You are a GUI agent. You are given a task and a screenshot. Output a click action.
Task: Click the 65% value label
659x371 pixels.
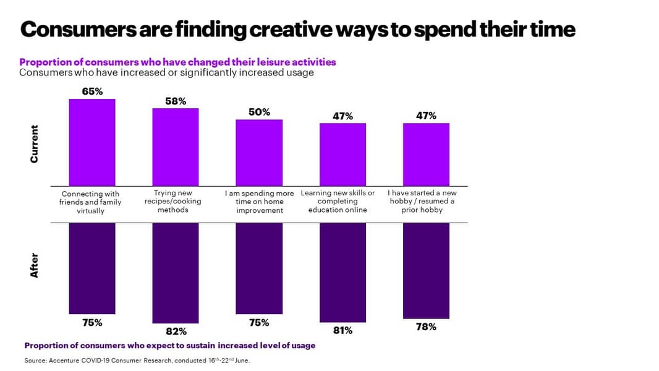(92, 92)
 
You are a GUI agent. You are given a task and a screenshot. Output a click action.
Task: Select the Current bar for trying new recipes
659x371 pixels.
(176, 147)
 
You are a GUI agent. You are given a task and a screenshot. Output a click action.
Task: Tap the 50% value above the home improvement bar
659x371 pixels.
(259, 112)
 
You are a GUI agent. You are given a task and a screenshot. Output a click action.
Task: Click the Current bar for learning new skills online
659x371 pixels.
(342, 154)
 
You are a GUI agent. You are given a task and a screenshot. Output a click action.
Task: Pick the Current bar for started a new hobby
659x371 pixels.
(426, 154)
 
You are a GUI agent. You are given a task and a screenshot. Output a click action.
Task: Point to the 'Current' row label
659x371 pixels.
(34, 144)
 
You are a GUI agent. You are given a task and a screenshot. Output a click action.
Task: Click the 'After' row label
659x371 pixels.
(34, 265)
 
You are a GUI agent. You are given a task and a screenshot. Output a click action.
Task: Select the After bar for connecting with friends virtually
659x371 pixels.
(92, 268)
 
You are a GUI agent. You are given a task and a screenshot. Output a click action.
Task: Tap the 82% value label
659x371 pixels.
(176, 331)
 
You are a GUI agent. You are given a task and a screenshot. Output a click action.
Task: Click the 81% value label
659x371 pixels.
(342, 330)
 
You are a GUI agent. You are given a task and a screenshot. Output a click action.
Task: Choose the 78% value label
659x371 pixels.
(426, 326)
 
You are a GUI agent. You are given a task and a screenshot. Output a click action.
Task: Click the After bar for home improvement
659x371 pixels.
(259, 268)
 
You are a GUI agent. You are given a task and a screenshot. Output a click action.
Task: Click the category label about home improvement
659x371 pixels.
(259, 202)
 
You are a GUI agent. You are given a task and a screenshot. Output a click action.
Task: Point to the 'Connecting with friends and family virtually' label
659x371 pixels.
(90, 202)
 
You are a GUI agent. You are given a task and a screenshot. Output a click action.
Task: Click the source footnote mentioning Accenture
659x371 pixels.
(137, 360)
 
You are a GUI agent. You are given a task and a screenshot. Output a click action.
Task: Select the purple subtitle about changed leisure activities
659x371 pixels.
(177, 62)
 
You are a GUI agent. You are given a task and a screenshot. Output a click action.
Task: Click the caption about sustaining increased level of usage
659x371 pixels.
(169, 346)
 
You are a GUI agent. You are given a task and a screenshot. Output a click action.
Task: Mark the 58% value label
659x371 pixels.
(176, 101)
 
